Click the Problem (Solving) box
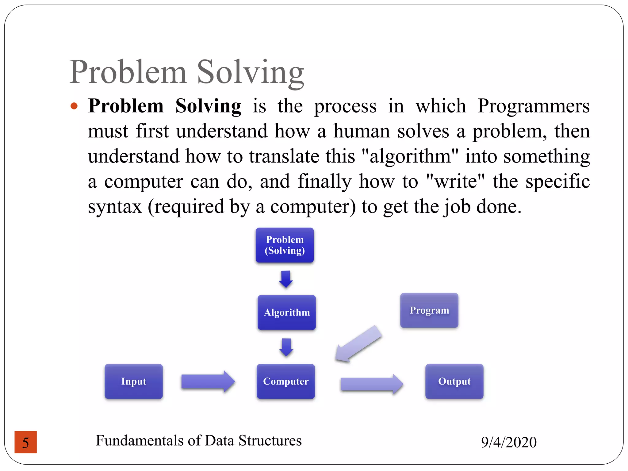click(x=285, y=245)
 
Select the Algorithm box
click(x=286, y=312)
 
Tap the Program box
click(x=429, y=310)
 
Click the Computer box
click(x=286, y=381)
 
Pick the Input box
click(x=134, y=381)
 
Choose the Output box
click(x=454, y=381)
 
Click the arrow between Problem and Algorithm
click(x=286, y=279)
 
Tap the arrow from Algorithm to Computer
click(x=286, y=347)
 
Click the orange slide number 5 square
click(x=26, y=442)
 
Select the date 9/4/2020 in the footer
click(x=509, y=442)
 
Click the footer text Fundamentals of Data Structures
click(x=199, y=440)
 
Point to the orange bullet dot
click(x=74, y=106)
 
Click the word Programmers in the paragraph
click(x=533, y=106)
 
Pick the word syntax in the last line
click(x=115, y=206)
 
